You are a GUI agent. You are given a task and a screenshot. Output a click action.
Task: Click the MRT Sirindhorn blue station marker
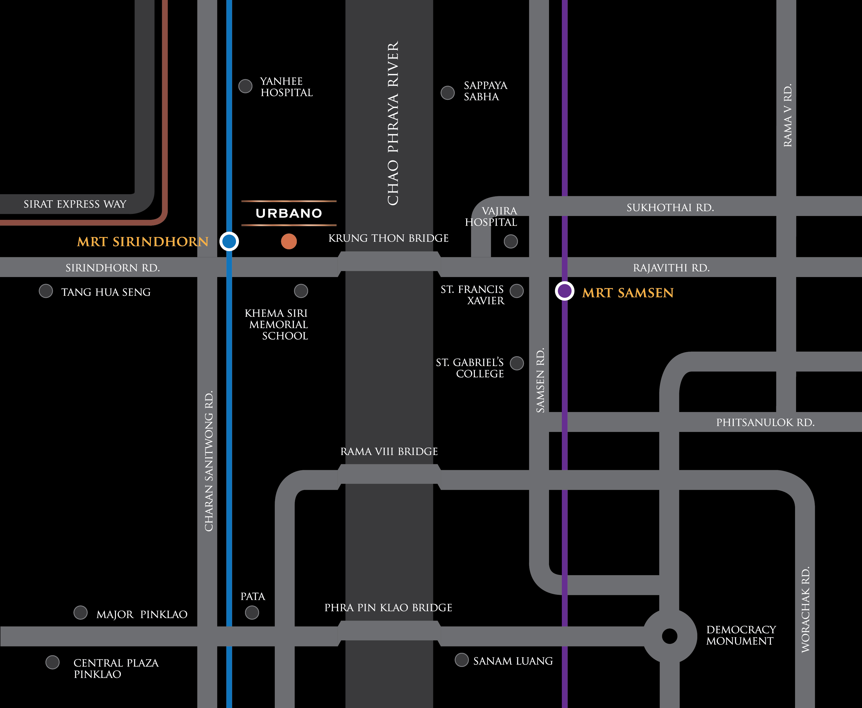[229, 241]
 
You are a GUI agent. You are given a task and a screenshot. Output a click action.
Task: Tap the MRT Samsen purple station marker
[565, 291]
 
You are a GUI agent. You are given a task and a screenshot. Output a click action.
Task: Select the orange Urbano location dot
[289, 241]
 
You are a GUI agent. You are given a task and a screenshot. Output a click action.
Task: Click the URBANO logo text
[289, 213]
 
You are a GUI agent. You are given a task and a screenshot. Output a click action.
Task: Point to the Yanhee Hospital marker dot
[245, 86]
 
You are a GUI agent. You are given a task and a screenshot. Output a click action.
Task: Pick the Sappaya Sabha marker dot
[448, 93]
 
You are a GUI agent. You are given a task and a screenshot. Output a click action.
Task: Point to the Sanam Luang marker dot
[462, 660]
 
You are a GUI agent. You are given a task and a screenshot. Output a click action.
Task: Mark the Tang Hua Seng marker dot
[46, 291]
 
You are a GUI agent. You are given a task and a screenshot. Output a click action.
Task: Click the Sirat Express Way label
[75, 204]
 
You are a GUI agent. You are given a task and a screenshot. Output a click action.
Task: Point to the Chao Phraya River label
[393, 123]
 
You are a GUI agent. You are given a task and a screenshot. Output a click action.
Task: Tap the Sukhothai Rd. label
[670, 208]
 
